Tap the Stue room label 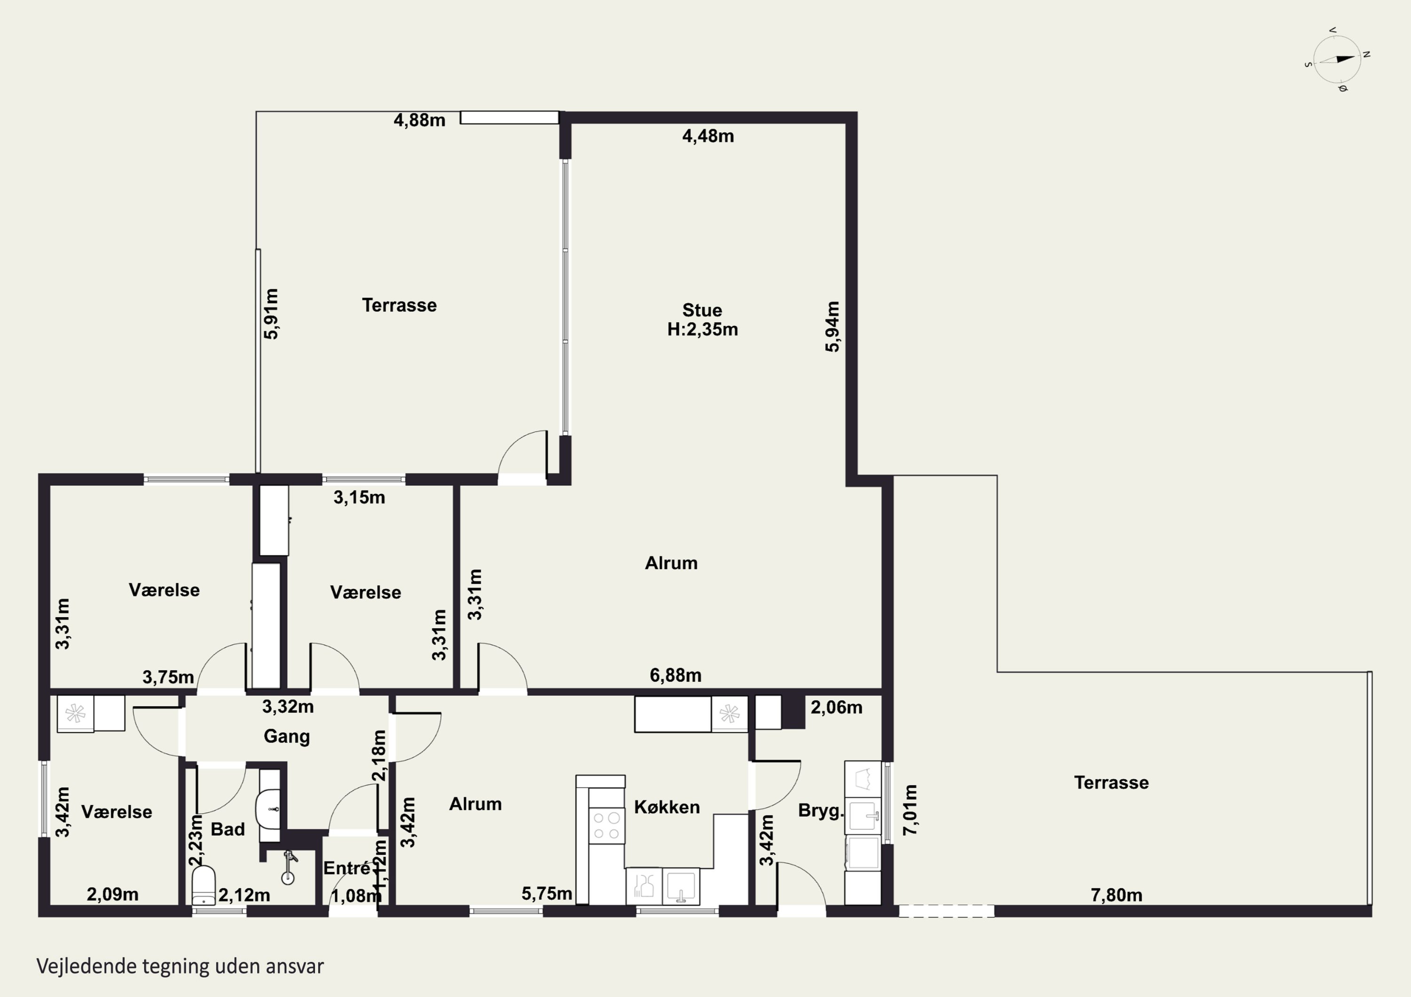tap(702, 310)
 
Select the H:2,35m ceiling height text tap(702, 330)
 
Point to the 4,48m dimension tap(708, 136)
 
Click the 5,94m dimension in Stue tap(832, 326)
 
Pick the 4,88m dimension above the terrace tap(419, 120)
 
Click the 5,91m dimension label tap(271, 314)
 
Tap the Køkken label tap(667, 807)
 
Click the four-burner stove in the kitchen tap(607, 825)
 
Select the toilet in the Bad tap(203, 885)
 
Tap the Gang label tap(286, 737)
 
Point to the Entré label tap(347, 868)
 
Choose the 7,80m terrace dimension tap(1117, 895)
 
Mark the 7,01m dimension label tap(910, 809)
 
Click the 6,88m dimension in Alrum tap(675, 675)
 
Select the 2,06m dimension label tap(836, 707)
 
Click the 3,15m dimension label tap(359, 498)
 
